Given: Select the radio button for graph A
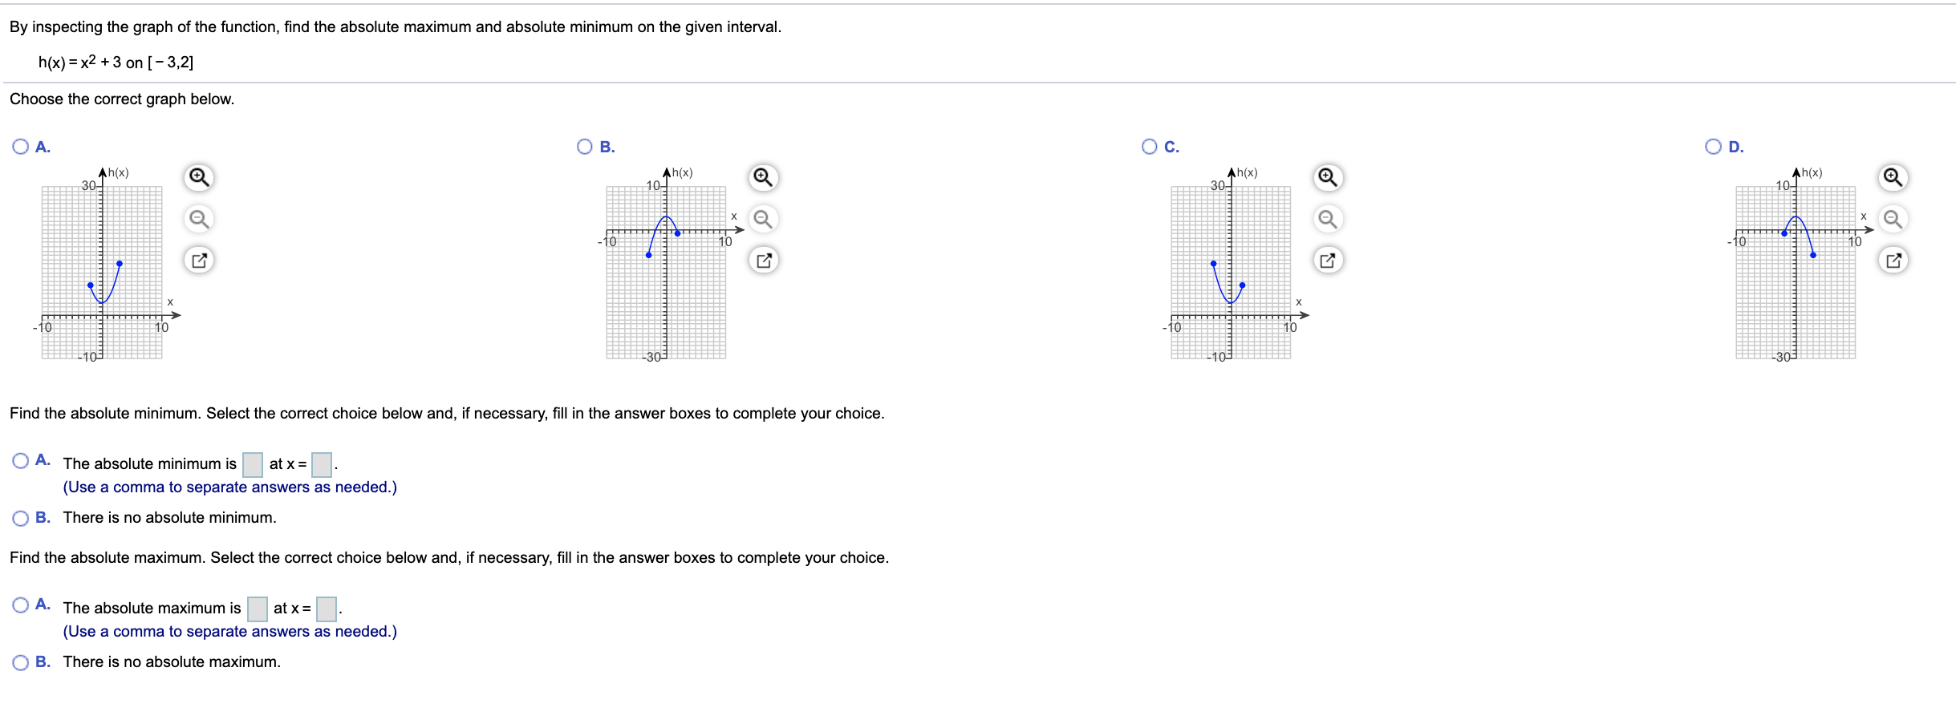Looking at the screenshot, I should (21, 147).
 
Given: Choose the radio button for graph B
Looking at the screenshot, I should (585, 147).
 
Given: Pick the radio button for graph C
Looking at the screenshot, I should (1150, 147).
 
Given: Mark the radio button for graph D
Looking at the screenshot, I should (1713, 147).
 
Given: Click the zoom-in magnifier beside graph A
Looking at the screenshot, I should (199, 177).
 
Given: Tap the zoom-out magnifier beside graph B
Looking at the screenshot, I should (763, 219).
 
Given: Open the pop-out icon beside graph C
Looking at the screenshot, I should (1328, 261).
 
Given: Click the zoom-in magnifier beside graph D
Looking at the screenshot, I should (1893, 177).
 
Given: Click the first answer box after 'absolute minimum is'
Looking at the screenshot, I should (253, 464).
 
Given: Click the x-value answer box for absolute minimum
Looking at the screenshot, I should (322, 464).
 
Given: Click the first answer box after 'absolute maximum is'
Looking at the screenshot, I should (257, 609).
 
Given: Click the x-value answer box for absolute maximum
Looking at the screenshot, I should (327, 609).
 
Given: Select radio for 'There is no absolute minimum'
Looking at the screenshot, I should (21, 519).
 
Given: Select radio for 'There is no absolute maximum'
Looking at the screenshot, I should (21, 663).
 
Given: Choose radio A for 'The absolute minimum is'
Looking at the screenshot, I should (21, 461).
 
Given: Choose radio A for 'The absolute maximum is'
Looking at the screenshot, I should (21, 605).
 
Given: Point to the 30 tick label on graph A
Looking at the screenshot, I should (88, 186).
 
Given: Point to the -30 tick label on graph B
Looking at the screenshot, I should (653, 357).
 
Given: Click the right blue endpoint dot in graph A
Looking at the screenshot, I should (120, 263).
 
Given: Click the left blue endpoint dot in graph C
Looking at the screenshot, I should (1213, 263).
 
